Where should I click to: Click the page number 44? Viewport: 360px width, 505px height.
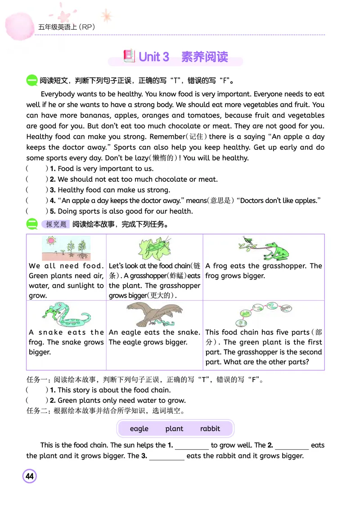30,476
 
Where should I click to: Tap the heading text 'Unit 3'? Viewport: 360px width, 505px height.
154,57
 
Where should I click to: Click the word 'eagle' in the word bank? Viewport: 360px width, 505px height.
139,428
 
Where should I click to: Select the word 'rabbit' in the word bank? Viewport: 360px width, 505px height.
210,428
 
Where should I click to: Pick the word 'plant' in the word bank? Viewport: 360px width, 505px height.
174,428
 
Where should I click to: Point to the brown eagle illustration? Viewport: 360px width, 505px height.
155,314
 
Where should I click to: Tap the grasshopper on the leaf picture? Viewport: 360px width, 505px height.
154,248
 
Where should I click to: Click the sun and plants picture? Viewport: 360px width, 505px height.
66,248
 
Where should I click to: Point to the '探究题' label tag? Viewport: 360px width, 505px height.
56,224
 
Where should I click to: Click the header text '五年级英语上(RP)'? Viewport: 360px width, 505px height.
66,27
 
